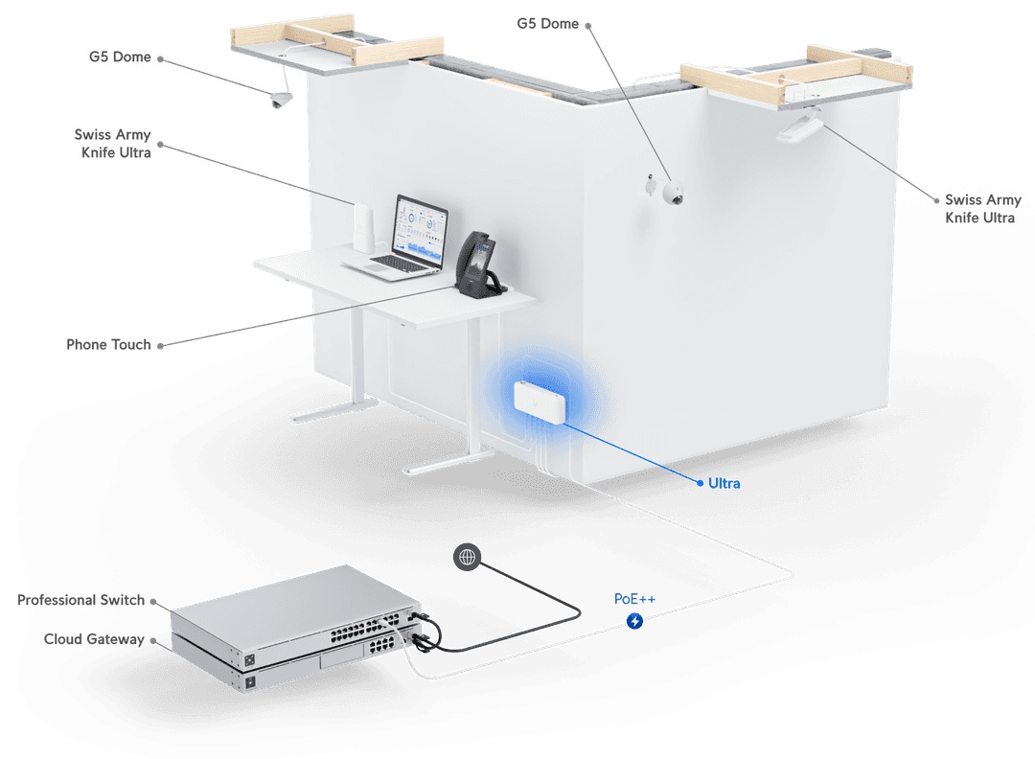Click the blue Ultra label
coord(724,483)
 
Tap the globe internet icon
coord(467,557)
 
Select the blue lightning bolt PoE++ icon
coord(634,621)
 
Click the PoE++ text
coord(634,599)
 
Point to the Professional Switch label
coord(80,600)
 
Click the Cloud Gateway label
coord(94,639)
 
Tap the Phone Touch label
coord(108,344)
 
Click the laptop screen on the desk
coord(420,229)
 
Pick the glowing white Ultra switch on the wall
coord(540,402)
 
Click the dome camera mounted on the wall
coord(671,194)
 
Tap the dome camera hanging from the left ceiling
coord(281,100)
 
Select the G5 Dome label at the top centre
coord(547,24)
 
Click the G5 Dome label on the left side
coord(120,57)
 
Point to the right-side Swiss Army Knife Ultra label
coord(982,209)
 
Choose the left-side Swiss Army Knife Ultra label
coord(113,143)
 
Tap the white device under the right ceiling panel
coord(799,126)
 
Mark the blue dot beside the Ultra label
coord(700,483)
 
